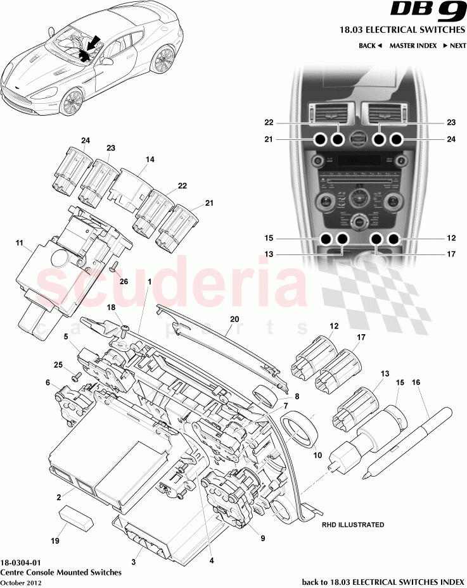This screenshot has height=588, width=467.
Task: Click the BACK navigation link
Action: tap(370, 46)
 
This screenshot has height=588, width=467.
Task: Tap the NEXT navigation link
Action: tap(454, 46)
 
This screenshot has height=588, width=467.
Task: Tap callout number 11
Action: tap(19, 242)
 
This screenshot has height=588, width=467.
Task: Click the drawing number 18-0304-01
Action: tap(22, 561)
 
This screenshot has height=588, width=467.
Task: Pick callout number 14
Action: tap(149, 161)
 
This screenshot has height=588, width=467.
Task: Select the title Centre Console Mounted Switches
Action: tap(61, 572)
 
